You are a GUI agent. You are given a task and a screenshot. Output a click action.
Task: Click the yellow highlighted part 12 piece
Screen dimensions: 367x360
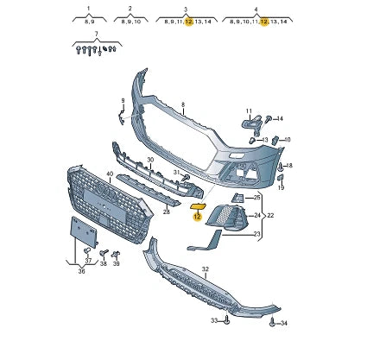point(198,206)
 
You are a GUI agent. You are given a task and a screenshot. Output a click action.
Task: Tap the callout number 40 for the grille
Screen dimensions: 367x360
point(110,174)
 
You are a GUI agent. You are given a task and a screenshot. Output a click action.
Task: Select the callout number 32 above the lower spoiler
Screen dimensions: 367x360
point(205,269)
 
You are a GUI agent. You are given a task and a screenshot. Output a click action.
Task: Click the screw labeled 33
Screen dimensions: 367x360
point(227,319)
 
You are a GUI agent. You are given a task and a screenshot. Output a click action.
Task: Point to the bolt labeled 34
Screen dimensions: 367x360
point(272,322)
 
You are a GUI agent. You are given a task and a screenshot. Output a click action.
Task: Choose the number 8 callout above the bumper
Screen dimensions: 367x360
point(183,105)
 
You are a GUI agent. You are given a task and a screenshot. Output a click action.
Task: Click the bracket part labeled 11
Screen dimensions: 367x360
point(252,124)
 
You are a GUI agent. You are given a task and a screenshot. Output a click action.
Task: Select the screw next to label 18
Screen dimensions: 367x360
point(280,167)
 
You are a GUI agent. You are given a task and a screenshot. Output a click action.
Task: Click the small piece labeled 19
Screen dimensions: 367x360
point(281,177)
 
